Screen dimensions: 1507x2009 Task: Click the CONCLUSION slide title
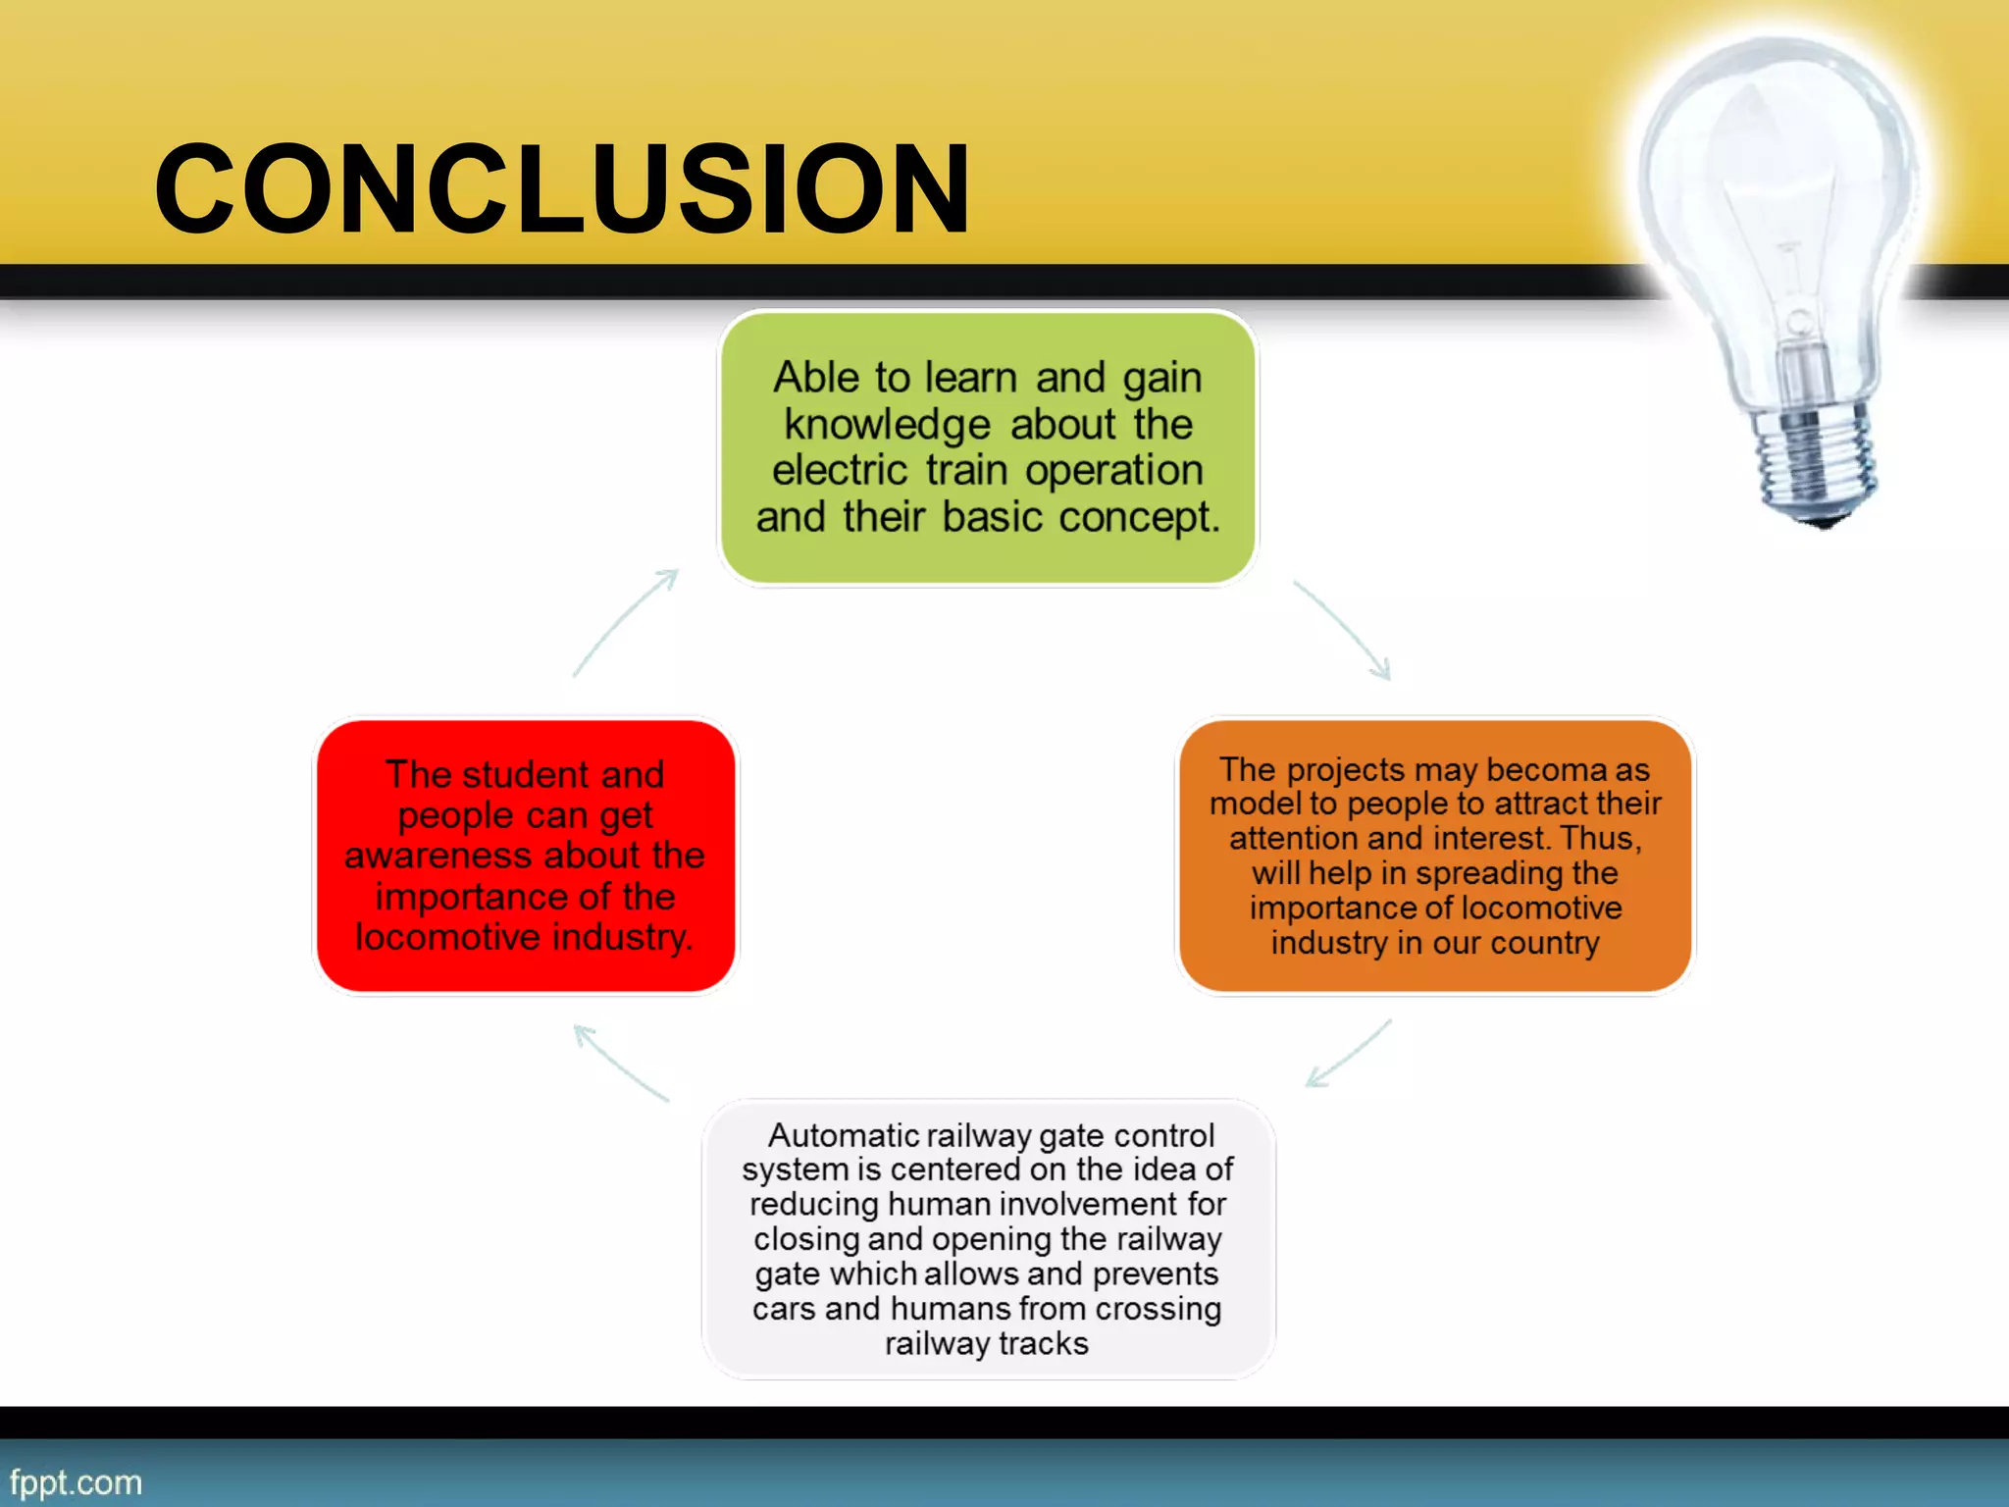pos(562,188)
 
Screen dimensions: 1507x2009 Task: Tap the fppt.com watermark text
pos(76,1481)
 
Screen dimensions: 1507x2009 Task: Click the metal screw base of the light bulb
pos(1815,461)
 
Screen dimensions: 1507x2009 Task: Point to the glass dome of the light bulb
pos(1776,177)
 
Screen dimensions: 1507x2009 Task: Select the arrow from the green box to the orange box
pos(1344,630)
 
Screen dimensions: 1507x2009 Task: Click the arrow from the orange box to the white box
pos(1348,1054)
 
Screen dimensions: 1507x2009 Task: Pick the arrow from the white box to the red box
pos(620,1063)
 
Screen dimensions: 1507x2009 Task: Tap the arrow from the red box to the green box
pos(626,622)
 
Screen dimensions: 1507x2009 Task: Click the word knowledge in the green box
pos(887,426)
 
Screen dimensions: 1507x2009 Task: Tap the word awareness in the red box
pos(437,856)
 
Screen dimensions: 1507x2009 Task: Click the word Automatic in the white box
pos(844,1136)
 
